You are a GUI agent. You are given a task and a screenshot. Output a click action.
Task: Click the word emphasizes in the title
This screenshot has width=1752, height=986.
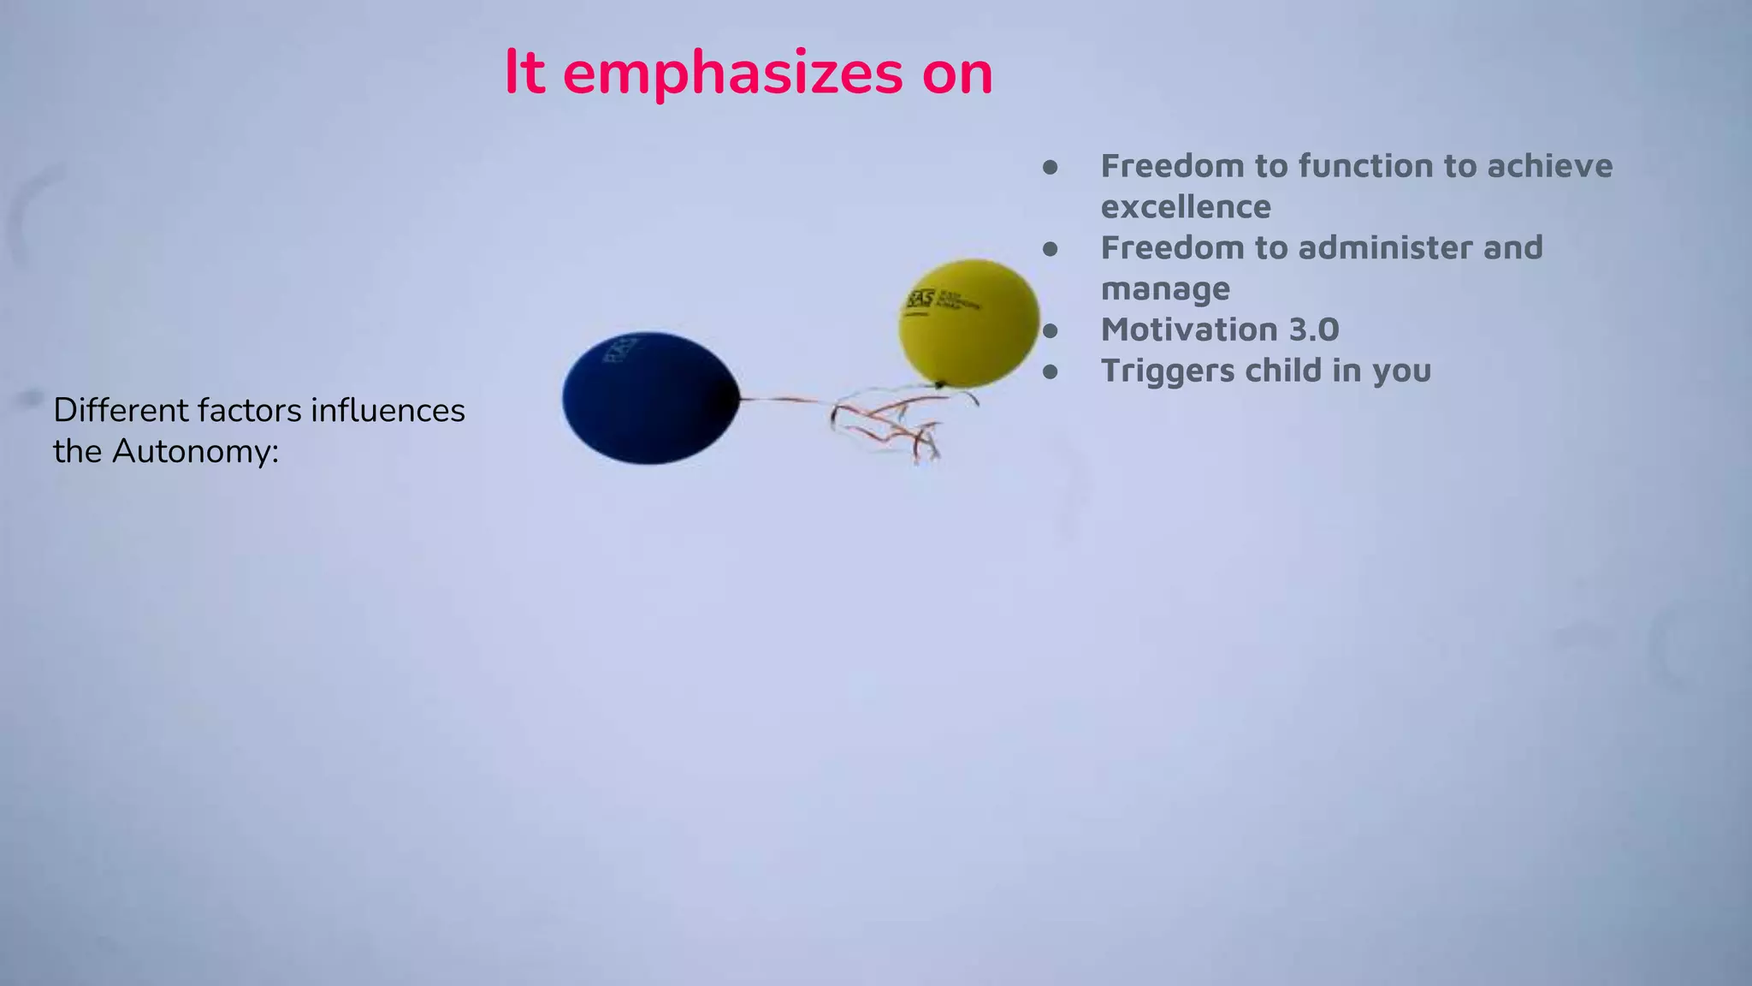[x=732, y=74]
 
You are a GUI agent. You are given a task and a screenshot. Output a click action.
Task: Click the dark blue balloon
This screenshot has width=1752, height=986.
[x=650, y=398]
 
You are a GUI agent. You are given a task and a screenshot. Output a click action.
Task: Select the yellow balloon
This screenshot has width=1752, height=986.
[x=969, y=323]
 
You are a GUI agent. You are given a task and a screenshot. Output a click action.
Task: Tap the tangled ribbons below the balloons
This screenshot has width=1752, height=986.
[x=890, y=423]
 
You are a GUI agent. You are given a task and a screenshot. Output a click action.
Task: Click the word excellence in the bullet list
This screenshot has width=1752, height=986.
[x=1186, y=207]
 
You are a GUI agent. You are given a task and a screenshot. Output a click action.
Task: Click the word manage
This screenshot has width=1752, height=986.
[x=1165, y=288]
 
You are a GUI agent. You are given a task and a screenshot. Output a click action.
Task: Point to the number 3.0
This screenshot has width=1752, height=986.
[x=1307, y=330]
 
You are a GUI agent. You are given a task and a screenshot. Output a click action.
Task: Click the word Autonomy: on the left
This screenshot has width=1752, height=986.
[x=196, y=451]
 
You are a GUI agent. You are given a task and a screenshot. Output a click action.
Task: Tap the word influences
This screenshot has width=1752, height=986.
[x=388, y=410]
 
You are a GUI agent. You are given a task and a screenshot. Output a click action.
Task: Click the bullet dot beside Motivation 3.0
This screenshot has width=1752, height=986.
[x=1051, y=330]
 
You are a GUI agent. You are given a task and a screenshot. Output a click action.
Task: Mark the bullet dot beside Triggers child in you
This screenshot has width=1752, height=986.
[x=1051, y=371]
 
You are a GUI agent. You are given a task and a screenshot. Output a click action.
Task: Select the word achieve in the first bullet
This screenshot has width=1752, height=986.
[x=1549, y=166]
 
